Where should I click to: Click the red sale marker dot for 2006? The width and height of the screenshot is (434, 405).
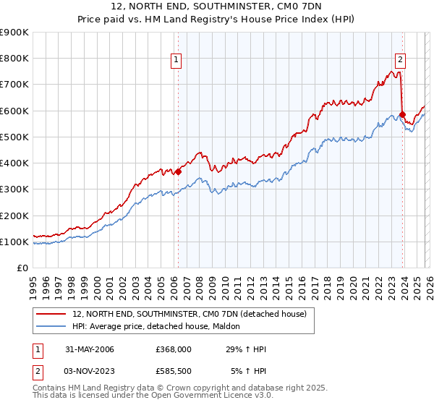tap(178, 171)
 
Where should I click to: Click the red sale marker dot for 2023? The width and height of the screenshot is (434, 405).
tap(402, 114)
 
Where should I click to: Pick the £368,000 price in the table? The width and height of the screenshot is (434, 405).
tap(173, 349)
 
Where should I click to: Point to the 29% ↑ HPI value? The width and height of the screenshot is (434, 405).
tap(246, 349)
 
